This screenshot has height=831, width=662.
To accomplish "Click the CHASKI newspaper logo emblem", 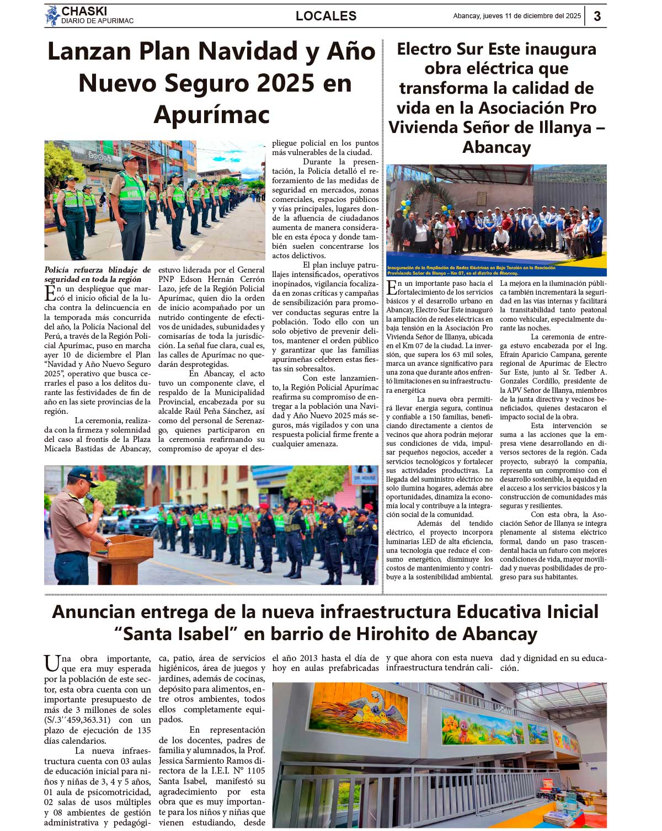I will click(x=52, y=15).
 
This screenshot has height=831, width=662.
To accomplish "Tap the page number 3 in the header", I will click(x=597, y=16).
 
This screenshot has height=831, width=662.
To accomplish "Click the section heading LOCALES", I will click(x=326, y=16).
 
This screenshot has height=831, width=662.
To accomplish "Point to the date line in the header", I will click(x=517, y=16).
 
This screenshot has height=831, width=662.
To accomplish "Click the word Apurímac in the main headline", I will click(x=212, y=115).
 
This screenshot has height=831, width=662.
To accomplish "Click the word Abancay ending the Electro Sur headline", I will click(x=496, y=147).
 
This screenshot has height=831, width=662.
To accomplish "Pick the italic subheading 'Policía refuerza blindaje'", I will click(x=98, y=274).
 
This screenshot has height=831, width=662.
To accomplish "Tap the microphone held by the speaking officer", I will click(x=90, y=498).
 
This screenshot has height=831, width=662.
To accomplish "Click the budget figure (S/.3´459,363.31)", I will click(x=77, y=720).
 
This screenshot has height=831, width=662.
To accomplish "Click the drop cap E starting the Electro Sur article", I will click(x=392, y=287).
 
